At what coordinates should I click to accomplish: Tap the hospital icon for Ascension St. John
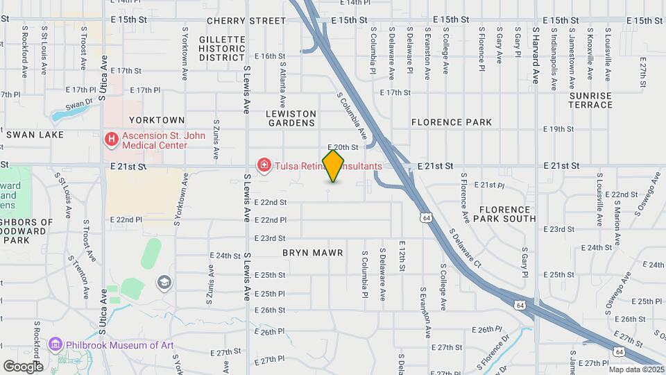110,140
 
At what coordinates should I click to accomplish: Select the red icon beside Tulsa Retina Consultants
264,166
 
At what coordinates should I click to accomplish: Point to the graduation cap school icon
164,282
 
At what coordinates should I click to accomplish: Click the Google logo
23,366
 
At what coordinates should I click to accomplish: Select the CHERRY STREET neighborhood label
237,22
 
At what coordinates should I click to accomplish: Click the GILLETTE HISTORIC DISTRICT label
222,49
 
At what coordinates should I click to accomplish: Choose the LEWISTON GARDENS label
291,118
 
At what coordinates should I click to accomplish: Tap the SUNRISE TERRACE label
590,100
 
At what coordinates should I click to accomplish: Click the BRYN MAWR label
313,253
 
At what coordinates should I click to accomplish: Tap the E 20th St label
343,147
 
